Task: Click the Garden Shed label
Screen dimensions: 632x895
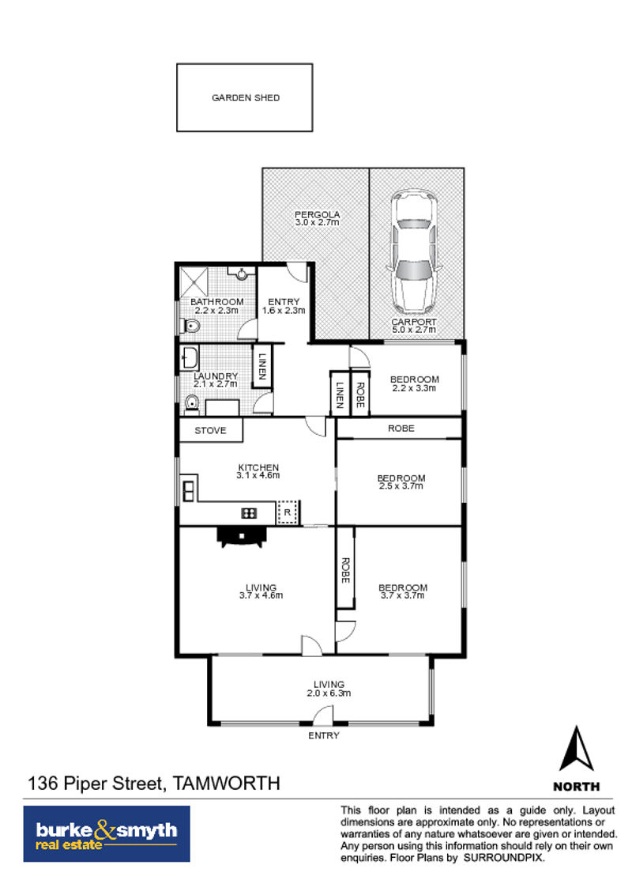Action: (246, 97)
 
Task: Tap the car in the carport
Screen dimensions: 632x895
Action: (413, 252)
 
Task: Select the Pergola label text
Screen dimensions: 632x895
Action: (317, 214)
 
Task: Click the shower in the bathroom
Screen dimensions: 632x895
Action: (194, 281)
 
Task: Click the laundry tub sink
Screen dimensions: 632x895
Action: (190, 358)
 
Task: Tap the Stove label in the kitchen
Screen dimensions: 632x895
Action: (210, 430)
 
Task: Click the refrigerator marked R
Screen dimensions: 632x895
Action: (287, 512)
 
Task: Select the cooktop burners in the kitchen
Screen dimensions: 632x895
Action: (250, 512)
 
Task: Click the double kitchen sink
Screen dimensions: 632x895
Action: (188, 491)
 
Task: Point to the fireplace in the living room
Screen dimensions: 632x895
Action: (242, 537)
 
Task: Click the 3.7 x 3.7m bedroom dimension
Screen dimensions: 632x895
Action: (403, 595)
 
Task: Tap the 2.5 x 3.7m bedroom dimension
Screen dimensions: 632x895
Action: (401, 486)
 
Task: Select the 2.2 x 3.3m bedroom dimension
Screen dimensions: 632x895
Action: (415, 388)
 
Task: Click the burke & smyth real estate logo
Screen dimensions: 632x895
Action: (107, 834)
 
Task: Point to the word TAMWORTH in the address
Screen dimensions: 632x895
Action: (227, 783)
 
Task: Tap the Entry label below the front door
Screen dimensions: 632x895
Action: (324, 736)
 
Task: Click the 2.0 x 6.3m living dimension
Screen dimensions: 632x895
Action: (329, 693)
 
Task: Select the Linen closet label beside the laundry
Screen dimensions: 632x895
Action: (262, 367)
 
